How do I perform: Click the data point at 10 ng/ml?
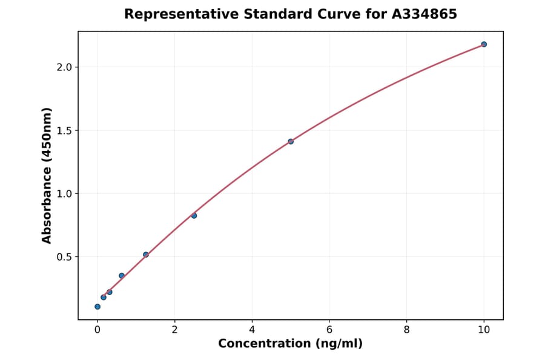coord(484,44)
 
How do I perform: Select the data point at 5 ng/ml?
coord(291,141)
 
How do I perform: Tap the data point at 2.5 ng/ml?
coord(194,216)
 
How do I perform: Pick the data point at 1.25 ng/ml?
coord(146,255)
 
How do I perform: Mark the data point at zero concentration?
coord(97,307)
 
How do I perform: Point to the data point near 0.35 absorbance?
coord(122,276)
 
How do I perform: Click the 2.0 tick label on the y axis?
coord(64,67)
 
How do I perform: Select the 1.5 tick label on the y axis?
coord(64,130)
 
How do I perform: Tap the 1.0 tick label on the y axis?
coord(64,194)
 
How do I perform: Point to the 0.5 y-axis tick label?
coord(64,257)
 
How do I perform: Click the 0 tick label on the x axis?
coord(97,330)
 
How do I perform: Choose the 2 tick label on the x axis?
coord(175,330)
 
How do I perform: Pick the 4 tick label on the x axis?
coord(252,330)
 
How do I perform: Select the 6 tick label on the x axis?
coord(329,330)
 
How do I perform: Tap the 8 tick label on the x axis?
coord(406,330)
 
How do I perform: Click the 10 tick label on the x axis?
coord(484,330)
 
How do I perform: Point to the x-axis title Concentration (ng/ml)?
coord(291,344)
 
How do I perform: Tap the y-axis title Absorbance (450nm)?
coord(47,175)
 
